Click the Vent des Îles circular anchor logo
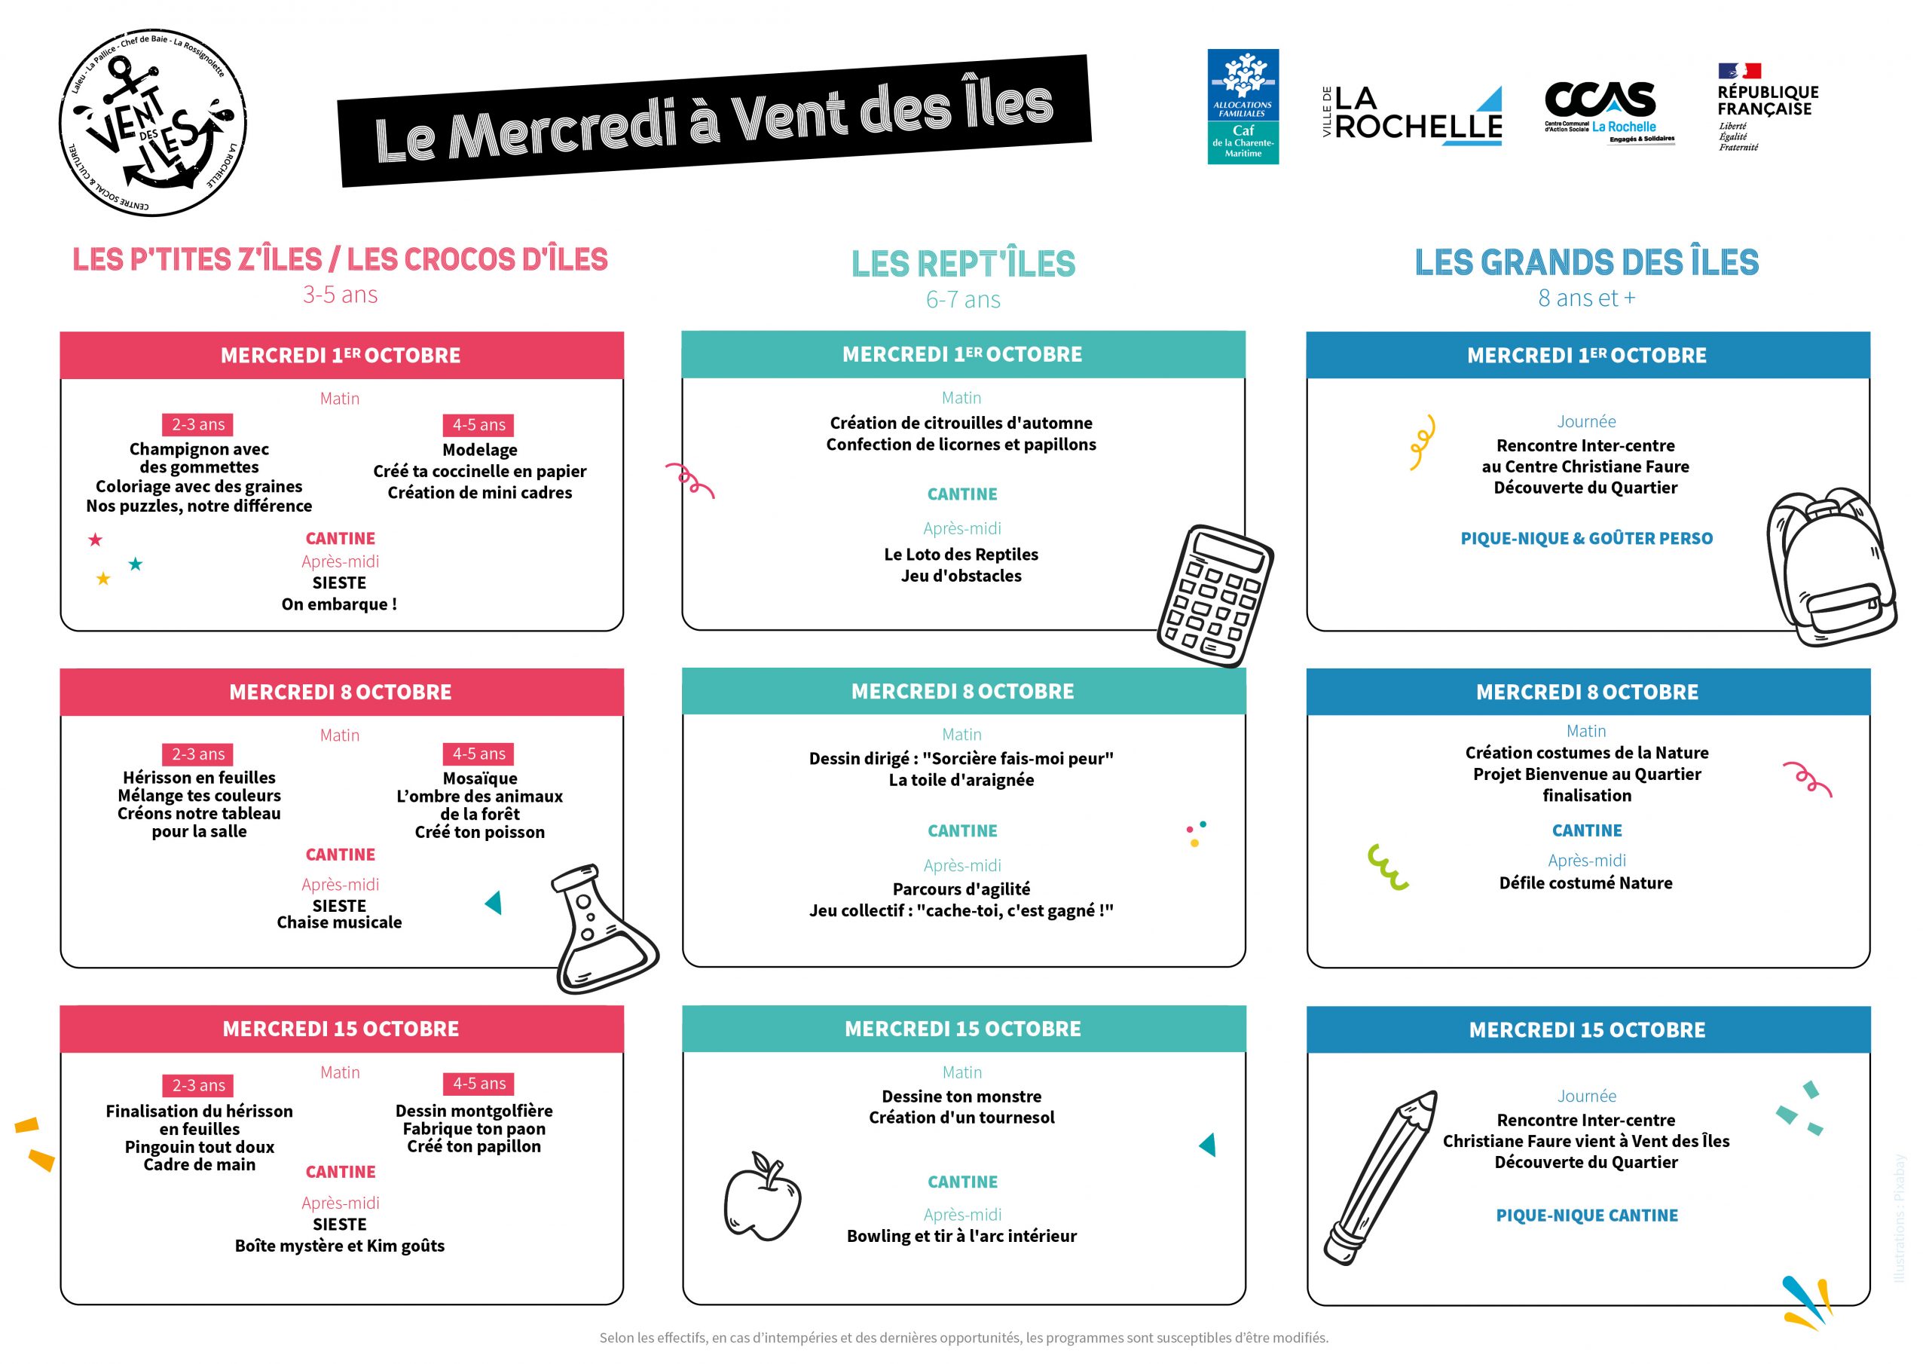(153, 123)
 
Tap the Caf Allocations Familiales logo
(1243, 107)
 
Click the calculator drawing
(1214, 596)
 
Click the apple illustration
(762, 1197)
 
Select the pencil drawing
(1380, 1177)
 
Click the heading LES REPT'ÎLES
(963, 265)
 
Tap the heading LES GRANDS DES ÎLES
(1586, 263)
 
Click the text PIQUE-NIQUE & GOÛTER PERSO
(1586, 539)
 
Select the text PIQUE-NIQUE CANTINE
(1586, 1216)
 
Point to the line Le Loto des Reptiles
(961, 555)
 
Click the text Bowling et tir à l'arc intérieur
(961, 1236)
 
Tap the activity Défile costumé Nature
(1585, 883)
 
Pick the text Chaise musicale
(339, 923)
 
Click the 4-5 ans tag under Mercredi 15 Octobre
(479, 1084)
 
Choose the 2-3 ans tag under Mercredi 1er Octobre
(198, 425)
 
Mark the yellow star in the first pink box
(103, 579)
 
